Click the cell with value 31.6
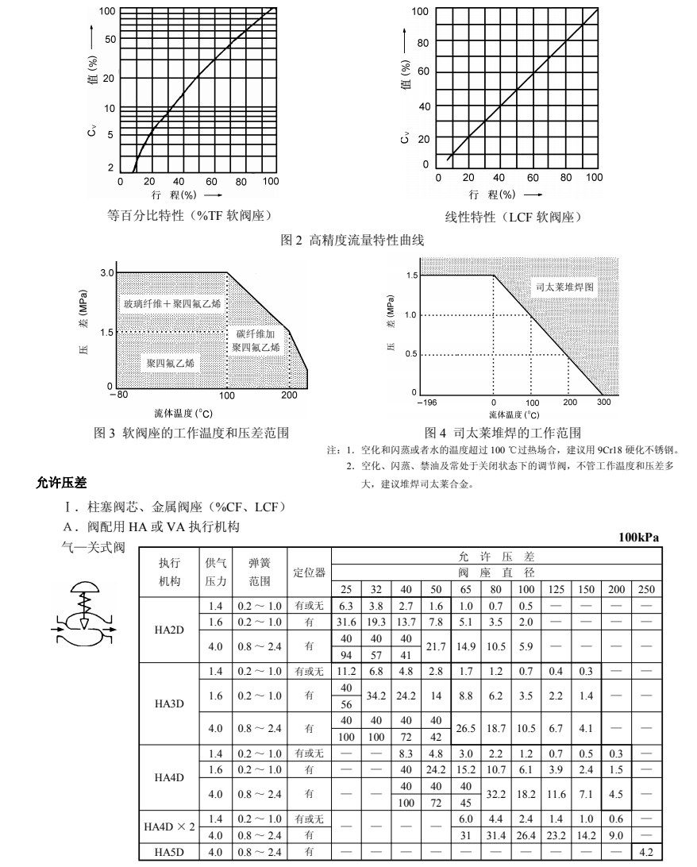click(x=346, y=620)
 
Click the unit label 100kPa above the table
click(x=639, y=538)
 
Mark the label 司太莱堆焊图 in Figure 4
click(x=561, y=287)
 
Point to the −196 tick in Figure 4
click(x=426, y=403)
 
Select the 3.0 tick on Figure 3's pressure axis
click(x=106, y=273)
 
